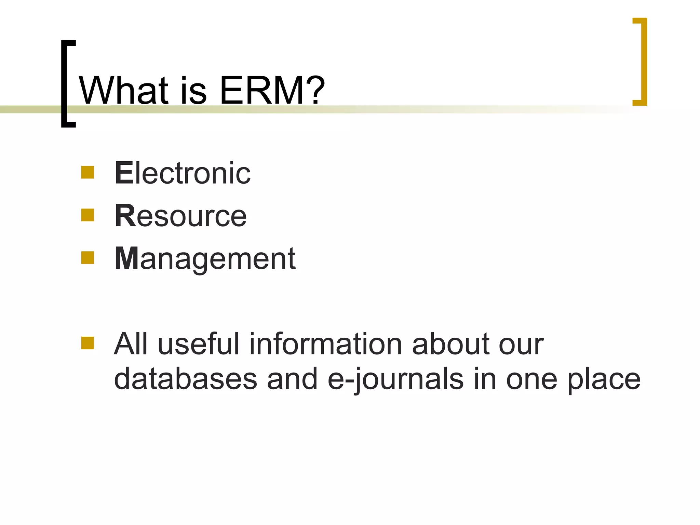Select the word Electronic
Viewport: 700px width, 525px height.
183,173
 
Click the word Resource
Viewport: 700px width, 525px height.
180,216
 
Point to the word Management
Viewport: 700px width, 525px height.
205,259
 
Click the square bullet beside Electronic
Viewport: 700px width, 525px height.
87,172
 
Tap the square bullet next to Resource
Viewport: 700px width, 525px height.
87,215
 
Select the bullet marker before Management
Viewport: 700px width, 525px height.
87,258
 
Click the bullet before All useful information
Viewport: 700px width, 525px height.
87,343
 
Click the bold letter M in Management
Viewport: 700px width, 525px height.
126,258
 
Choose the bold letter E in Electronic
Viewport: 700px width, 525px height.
123,173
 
